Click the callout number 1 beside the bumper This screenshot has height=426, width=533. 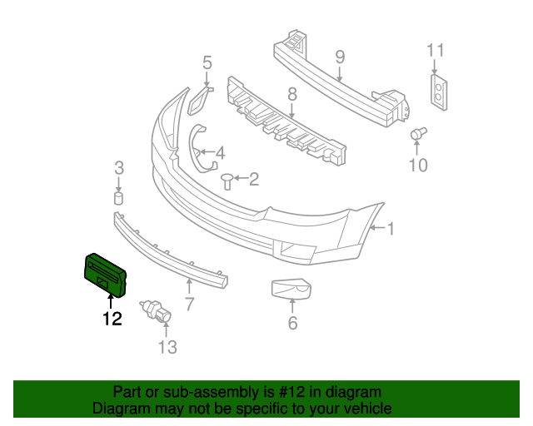coord(390,228)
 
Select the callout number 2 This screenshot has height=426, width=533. coord(253,178)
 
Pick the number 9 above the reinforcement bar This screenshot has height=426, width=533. coord(340,57)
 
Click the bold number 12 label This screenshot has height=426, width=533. coord(112,318)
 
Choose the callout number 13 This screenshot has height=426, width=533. coord(167,347)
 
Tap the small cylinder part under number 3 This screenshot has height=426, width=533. coord(118,198)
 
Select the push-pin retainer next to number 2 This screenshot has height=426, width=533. coord(227,179)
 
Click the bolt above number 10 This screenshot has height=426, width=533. coord(419,133)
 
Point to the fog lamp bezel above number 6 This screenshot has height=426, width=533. coord(292,289)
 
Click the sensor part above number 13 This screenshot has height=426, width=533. coord(157,310)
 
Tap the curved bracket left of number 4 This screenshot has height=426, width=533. coord(197,148)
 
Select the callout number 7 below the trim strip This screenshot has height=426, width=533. coord(189,305)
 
